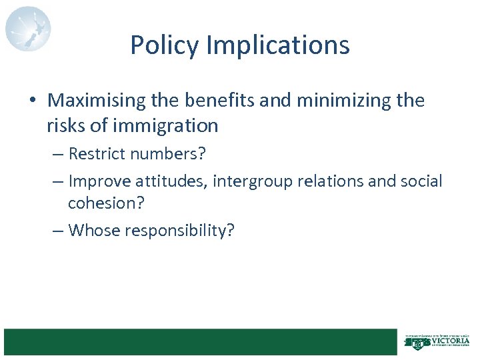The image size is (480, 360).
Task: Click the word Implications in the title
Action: click(x=278, y=45)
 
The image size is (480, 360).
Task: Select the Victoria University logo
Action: click(x=437, y=342)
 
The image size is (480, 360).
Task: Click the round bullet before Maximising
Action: click(x=33, y=101)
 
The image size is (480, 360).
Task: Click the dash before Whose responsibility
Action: click(x=58, y=231)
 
